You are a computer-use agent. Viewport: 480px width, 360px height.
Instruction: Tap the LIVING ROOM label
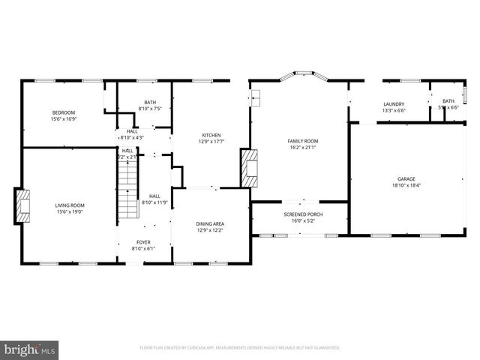click(x=69, y=205)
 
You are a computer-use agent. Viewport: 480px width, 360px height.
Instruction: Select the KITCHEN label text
click(x=210, y=135)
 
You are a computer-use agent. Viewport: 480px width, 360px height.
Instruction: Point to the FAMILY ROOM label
click(x=303, y=141)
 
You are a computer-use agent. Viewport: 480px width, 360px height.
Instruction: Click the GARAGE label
click(x=406, y=178)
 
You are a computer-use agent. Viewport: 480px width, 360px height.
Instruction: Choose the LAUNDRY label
click(x=394, y=104)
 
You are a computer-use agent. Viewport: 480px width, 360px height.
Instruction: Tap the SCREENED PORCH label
click(x=299, y=214)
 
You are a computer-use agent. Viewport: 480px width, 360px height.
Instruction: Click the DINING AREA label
click(x=210, y=223)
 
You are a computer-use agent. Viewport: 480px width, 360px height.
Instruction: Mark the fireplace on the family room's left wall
click(x=249, y=165)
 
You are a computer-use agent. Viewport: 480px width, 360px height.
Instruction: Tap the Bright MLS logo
click(x=30, y=349)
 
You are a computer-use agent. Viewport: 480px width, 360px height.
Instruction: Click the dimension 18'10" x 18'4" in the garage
click(x=406, y=185)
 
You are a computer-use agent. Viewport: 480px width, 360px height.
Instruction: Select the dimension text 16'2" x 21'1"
click(x=303, y=148)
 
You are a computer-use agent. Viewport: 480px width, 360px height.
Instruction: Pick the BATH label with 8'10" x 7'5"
click(x=150, y=102)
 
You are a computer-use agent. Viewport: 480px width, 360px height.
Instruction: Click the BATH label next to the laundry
click(x=448, y=101)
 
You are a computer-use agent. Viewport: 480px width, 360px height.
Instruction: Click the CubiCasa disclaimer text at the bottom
click(x=240, y=348)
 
